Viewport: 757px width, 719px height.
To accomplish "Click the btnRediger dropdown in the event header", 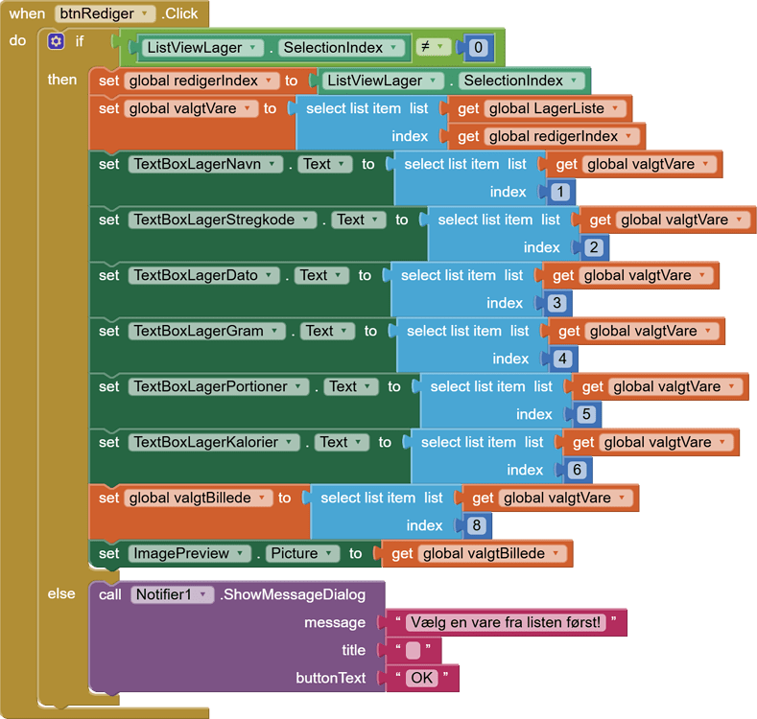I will (x=104, y=13).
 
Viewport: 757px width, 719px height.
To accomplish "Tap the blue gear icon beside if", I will (x=56, y=41).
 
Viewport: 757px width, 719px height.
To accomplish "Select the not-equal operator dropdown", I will (x=433, y=47).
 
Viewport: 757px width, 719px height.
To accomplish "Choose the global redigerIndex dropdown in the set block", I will (x=201, y=81).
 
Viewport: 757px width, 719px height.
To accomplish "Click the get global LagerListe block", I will (x=542, y=108).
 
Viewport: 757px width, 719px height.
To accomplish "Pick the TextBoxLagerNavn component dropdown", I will (x=207, y=164).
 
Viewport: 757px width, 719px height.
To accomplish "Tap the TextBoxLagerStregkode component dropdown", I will (x=223, y=220).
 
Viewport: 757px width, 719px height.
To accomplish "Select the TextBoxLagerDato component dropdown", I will (x=203, y=275).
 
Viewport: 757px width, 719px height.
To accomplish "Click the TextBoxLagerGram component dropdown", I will (x=206, y=331).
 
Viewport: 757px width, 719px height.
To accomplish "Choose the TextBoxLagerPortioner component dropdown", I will (x=218, y=386).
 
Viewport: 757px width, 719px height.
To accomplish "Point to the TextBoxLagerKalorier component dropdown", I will (x=213, y=442).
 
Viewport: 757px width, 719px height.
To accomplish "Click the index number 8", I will (x=474, y=525).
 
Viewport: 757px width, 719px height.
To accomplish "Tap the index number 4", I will (x=560, y=359).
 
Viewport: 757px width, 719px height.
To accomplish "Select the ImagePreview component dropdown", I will (x=188, y=553).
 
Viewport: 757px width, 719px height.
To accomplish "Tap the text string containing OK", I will (x=421, y=678).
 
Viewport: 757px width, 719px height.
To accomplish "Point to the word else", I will (x=61, y=593).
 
